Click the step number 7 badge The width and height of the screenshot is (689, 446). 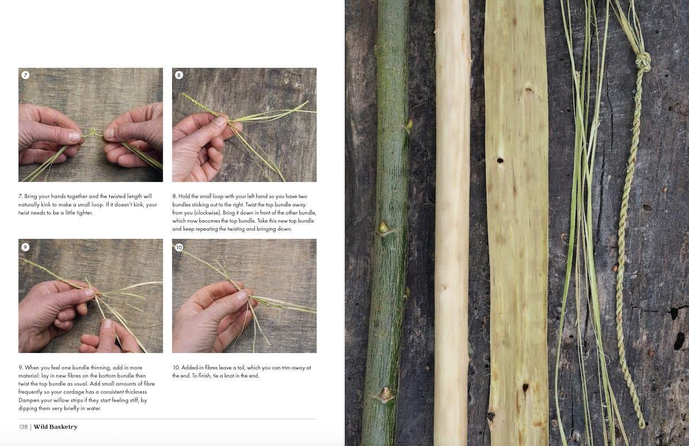25,75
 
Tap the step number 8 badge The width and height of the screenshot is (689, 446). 179,75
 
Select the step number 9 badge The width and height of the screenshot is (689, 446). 25,247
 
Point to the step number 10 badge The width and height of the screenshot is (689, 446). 179,247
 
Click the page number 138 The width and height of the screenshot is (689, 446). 23,427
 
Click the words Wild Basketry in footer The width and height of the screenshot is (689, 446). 56,427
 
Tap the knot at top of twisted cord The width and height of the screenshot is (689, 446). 643,61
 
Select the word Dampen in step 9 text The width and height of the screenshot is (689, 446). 32,392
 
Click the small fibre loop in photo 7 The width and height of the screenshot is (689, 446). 91,133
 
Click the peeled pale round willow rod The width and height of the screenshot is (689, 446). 452,230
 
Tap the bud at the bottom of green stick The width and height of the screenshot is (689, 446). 384,394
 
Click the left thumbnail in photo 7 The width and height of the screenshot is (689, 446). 73,137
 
